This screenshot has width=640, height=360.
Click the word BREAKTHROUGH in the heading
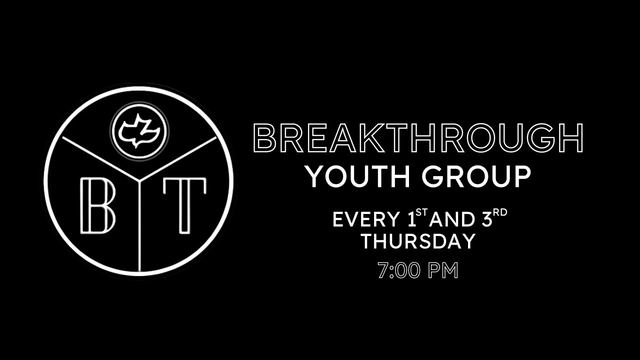(x=418, y=138)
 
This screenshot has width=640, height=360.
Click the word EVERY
(x=366, y=219)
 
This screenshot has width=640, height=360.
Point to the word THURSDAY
(x=418, y=241)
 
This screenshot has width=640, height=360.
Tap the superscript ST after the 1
(x=422, y=212)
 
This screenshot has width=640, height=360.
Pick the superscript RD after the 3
(x=500, y=212)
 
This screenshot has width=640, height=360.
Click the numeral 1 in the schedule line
(x=411, y=219)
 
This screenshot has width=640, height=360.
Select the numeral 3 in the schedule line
(x=487, y=219)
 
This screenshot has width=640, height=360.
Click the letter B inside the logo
(x=97, y=205)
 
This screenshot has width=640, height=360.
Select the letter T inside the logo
(x=184, y=205)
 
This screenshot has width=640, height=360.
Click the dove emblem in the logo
(x=139, y=131)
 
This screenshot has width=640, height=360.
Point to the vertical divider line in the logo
(x=139, y=225)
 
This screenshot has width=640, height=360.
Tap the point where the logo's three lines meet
(x=139, y=180)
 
